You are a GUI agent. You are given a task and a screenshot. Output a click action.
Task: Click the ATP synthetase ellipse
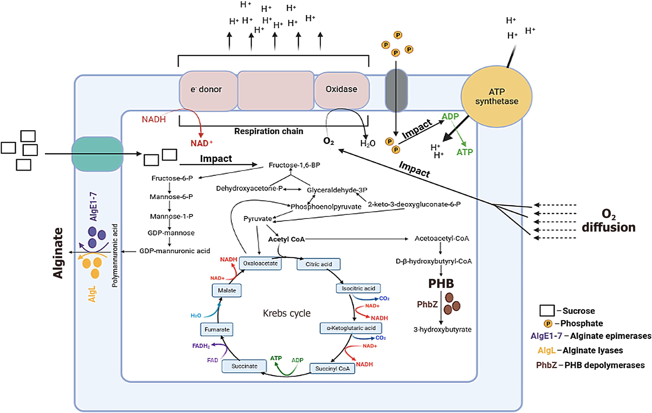click(497, 96)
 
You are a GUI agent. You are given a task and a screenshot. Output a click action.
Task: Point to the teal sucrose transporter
click(97, 154)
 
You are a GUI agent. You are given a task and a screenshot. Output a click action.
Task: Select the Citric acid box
click(318, 264)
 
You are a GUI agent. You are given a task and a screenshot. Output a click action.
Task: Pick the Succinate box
click(244, 366)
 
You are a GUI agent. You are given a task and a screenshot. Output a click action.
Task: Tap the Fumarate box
click(217, 330)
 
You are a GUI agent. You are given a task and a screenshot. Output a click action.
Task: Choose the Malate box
click(227, 290)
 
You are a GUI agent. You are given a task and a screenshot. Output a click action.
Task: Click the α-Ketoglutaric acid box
click(351, 328)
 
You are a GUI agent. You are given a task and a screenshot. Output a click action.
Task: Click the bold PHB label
click(441, 283)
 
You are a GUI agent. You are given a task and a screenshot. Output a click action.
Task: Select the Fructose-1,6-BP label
click(294, 165)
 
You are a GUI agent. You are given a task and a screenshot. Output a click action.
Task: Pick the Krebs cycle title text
click(287, 313)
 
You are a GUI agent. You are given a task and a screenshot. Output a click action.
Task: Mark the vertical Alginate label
click(58, 253)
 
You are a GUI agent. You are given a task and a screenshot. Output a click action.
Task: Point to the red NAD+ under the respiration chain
click(201, 143)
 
